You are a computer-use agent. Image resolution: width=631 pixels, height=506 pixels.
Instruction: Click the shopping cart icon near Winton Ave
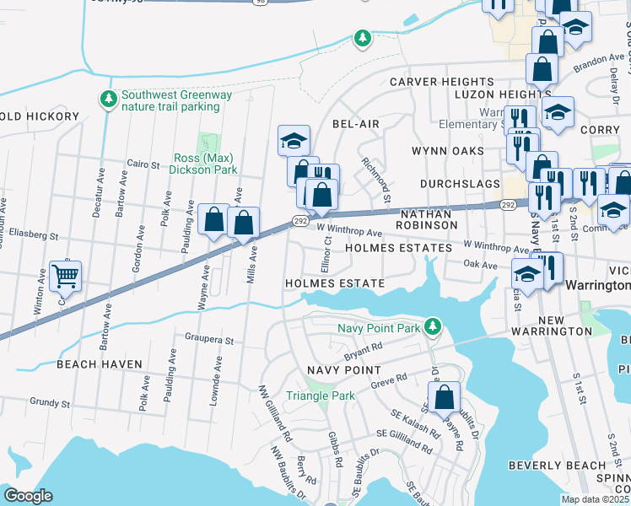click(65, 276)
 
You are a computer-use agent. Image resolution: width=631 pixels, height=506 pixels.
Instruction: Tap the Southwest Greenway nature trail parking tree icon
click(108, 100)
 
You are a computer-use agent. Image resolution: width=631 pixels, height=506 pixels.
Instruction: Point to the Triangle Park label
click(320, 396)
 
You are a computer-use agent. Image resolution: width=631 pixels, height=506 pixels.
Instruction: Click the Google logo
click(28, 496)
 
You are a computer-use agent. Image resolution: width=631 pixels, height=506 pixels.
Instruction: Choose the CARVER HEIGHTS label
click(434, 82)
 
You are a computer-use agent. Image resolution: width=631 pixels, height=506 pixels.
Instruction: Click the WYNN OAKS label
click(447, 151)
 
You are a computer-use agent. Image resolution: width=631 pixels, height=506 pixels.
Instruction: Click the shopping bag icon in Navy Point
click(444, 397)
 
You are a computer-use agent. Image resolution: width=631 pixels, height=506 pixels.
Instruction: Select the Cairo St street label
click(143, 164)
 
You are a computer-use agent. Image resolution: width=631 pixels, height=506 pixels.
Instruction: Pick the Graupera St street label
click(208, 340)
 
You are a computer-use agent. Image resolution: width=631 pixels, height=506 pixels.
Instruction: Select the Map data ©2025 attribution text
click(596, 499)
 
